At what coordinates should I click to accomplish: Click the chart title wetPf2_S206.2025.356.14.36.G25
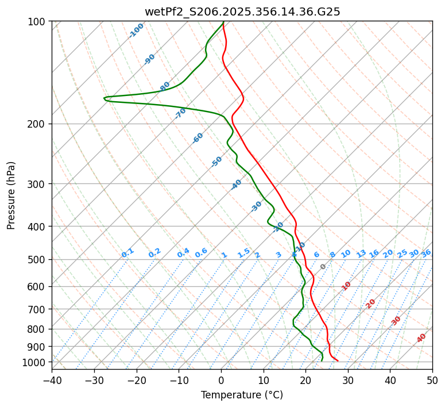pos(242,11)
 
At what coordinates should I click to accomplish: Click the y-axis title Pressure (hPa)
pos(11,195)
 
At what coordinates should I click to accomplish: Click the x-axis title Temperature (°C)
pos(242,395)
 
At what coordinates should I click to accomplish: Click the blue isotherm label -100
pos(136,30)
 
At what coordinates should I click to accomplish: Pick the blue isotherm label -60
pos(198,138)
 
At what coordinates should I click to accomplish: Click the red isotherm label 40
pos(421,338)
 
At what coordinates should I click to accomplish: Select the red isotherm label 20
pos(371,303)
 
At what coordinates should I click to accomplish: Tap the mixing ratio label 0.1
pos(127,253)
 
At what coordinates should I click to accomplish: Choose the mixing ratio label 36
pos(426,253)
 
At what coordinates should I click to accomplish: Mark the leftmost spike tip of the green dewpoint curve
pos(104,98)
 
